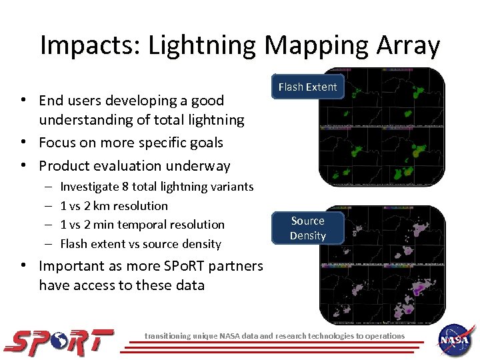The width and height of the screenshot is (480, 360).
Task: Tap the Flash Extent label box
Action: click(x=307, y=87)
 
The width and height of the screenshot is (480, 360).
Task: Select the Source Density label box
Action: click(x=307, y=228)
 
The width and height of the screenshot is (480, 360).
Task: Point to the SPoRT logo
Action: click(x=59, y=341)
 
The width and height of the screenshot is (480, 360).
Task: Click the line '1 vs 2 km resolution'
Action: click(x=114, y=206)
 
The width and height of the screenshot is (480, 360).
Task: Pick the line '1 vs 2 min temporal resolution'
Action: click(x=142, y=225)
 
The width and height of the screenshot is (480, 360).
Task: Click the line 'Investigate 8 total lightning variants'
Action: click(x=157, y=187)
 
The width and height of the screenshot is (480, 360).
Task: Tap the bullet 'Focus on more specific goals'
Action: click(x=131, y=143)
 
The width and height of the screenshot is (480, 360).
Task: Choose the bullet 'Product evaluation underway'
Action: click(x=134, y=166)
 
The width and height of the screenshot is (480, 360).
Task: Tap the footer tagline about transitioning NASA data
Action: click(x=275, y=336)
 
